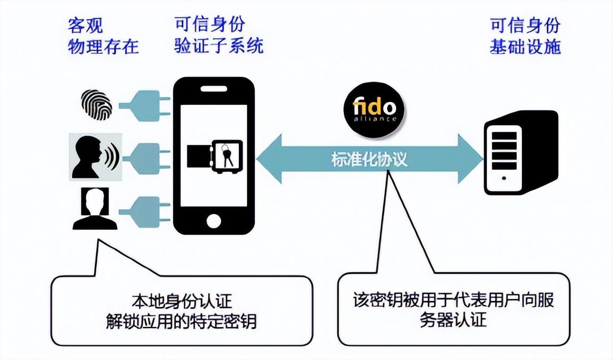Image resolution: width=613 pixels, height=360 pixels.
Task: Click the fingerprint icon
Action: point(96,104)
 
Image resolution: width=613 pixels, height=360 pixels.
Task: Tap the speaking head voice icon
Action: point(95,157)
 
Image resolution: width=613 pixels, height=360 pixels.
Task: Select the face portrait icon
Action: point(95,208)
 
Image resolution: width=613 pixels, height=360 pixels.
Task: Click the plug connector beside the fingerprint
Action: point(143,104)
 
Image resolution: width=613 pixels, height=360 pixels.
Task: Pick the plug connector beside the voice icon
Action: point(143,157)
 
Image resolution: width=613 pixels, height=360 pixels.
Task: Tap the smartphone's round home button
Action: point(214,220)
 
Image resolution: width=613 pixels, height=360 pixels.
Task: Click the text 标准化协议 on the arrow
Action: point(369,159)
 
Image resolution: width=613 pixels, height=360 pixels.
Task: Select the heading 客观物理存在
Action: point(103,36)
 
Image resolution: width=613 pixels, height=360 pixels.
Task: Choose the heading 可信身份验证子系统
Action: point(218,36)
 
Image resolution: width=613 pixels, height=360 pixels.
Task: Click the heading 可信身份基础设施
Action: point(525,36)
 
